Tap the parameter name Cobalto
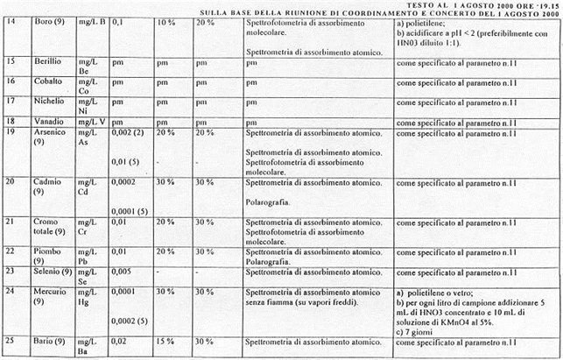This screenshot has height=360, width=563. click(47, 81)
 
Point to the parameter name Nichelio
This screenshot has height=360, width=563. click(49, 101)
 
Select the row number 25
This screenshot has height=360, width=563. click(11, 342)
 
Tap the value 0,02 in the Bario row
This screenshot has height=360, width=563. click(121, 342)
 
